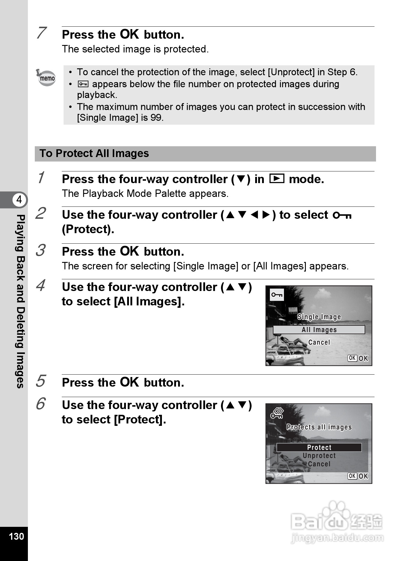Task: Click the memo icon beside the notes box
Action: point(46,78)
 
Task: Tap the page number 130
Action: point(16,536)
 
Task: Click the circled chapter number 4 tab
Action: point(19,200)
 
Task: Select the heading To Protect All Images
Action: point(94,153)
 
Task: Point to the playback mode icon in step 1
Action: point(276,179)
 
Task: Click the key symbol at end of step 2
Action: point(342,215)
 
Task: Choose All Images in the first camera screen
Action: point(319,330)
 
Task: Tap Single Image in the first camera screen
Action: point(319,317)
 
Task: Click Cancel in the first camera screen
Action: point(319,342)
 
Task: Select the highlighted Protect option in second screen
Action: point(319,447)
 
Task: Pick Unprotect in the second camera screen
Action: point(319,456)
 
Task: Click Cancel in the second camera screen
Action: point(319,464)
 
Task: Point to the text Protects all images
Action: point(319,427)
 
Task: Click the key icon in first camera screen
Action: point(277,295)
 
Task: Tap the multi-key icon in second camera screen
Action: point(277,414)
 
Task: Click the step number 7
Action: point(41,33)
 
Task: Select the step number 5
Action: point(40,381)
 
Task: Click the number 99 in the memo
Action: point(156,117)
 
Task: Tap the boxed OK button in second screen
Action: point(352,476)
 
